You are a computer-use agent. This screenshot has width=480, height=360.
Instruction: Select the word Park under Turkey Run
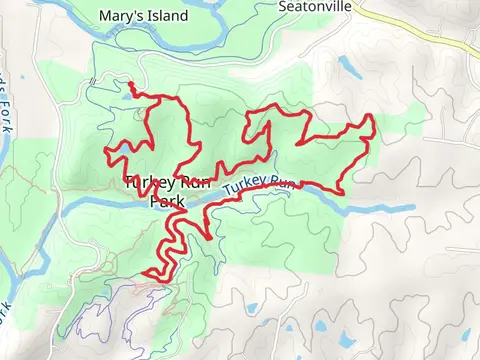[166, 201]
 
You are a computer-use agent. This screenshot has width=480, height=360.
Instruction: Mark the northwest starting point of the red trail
[131, 83]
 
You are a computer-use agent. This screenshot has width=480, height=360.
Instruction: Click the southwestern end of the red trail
[146, 274]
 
